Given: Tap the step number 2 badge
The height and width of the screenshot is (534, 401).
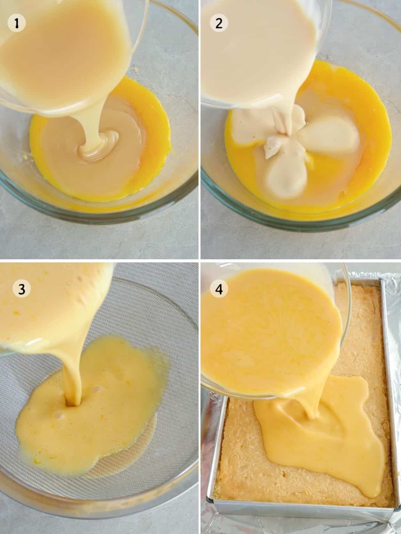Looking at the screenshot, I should click(x=219, y=24).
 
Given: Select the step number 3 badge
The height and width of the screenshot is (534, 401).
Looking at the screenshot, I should click(x=22, y=289).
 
